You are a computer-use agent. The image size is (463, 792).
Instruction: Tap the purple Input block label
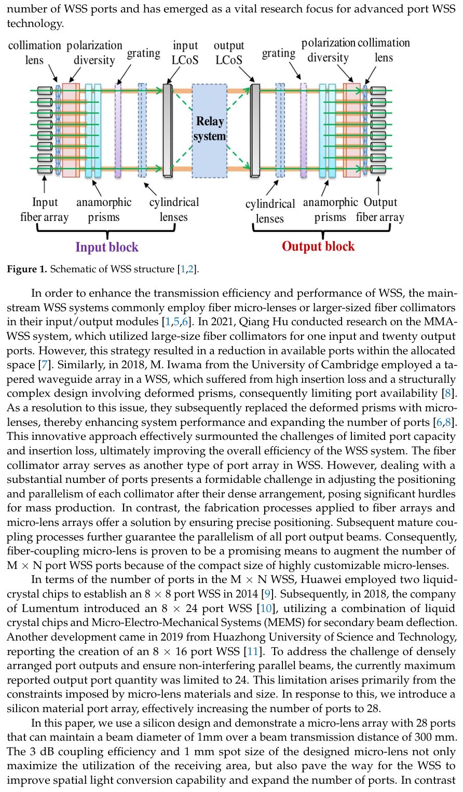(107, 247)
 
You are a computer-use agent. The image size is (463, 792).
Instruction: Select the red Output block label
(318, 246)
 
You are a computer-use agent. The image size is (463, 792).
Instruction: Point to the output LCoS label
(228, 53)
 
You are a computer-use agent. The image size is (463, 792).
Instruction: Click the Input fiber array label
(45, 210)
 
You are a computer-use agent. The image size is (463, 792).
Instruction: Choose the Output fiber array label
(380, 210)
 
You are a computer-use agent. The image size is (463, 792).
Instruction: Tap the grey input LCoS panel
(167, 131)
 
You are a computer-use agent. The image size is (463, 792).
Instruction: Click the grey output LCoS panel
(255, 131)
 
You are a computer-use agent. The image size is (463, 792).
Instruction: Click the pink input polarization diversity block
(71, 130)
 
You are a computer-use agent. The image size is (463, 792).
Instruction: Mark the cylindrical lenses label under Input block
(174, 210)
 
